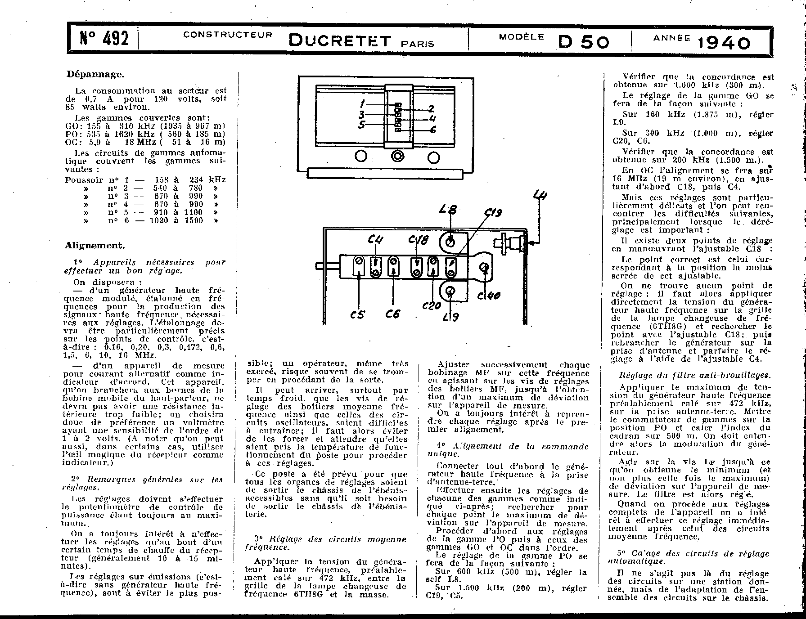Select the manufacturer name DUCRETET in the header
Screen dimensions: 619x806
coord(340,41)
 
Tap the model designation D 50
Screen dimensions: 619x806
coord(584,42)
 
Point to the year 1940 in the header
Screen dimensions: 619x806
coord(724,43)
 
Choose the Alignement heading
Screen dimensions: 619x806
coord(95,245)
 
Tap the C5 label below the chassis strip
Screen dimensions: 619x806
coord(357,315)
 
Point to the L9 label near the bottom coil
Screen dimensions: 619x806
coord(450,317)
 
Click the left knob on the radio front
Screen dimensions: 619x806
coord(360,157)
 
